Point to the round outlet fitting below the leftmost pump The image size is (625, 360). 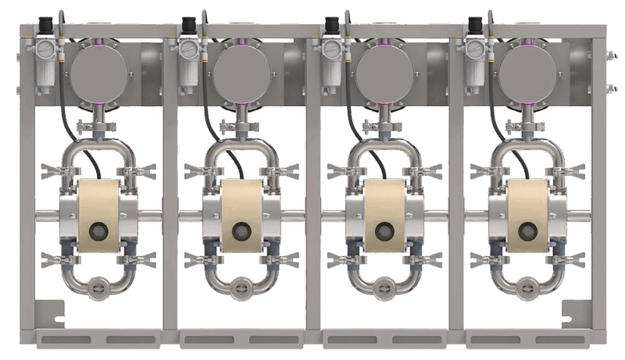[99, 287]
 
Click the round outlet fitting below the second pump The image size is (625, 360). [243, 287]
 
